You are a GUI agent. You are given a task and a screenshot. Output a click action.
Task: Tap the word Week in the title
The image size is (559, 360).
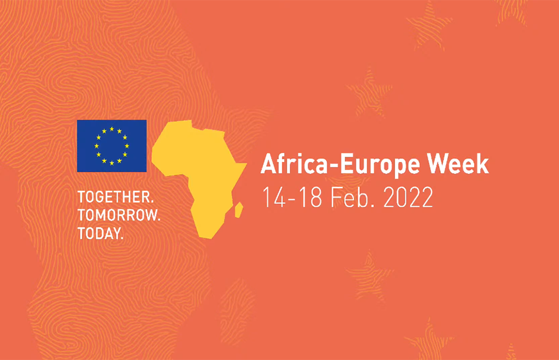(x=458, y=164)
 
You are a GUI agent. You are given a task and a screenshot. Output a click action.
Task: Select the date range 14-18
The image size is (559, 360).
(x=292, y=197)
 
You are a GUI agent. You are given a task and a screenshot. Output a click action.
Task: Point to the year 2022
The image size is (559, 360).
(x=408, y=197)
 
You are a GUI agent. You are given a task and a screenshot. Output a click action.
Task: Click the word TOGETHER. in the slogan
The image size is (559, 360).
(x=115, y=197)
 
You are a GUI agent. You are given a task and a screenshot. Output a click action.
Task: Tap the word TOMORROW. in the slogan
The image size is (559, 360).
(x=119, y=215)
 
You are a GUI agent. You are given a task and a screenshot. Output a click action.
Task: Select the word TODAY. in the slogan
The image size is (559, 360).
(x=101, y=234)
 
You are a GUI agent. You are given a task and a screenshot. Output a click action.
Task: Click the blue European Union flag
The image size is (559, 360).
(x=112, y=146)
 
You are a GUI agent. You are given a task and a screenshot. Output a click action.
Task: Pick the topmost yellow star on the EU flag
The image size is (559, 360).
(x=112, y=129)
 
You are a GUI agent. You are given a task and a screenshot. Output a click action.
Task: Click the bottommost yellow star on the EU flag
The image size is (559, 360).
(x=112, y=163)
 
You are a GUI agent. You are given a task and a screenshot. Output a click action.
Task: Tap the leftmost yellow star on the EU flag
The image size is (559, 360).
(x=97, y=146)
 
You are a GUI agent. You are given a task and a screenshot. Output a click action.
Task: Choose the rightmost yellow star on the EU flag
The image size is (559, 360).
(x=127, y=146)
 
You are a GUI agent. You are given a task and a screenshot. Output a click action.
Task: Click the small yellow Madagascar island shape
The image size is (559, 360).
(x=239, y=210)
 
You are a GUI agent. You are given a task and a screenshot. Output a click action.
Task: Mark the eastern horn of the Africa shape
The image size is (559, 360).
(x=246, y=164)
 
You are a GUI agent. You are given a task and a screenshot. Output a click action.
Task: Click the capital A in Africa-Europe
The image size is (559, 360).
(x=269, y=164)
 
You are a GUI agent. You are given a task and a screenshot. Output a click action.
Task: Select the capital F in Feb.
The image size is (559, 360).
(x=336, y=197)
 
